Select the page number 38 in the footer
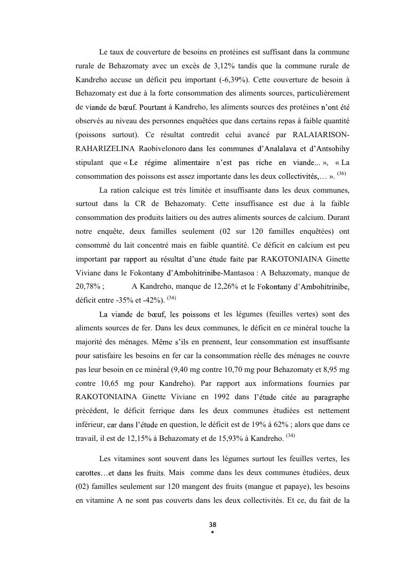coord(213,525)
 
